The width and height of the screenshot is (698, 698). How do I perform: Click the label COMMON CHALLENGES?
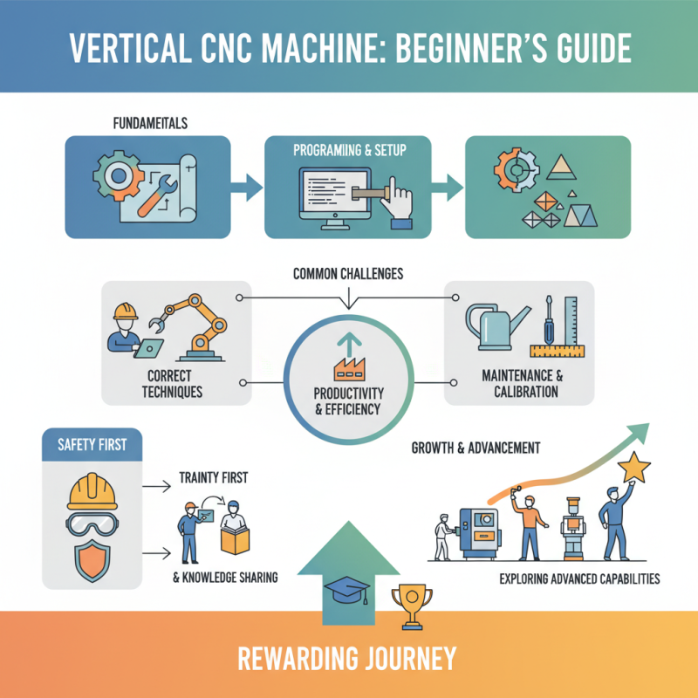point(348,274)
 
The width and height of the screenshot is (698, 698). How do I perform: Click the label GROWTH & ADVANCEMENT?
point(475,448)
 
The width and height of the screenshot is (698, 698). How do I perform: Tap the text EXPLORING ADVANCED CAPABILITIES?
point(579,578)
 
